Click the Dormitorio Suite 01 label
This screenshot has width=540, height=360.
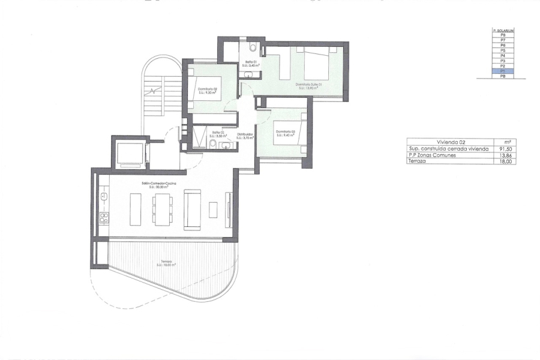(309, 85)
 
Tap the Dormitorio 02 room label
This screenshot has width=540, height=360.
(206, 89)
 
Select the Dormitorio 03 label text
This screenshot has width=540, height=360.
(285, 132)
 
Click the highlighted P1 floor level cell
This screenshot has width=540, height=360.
(503, 71)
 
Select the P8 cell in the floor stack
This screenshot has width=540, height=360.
(503, 35)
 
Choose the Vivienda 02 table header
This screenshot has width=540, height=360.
(446, 142)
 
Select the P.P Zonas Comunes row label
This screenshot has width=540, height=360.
(432, 155)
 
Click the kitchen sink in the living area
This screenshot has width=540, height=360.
(103, 196)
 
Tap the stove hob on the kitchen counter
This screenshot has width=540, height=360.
(103, 217)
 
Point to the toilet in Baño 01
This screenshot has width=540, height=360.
(253, 47)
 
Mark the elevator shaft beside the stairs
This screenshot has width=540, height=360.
(130, 154)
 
